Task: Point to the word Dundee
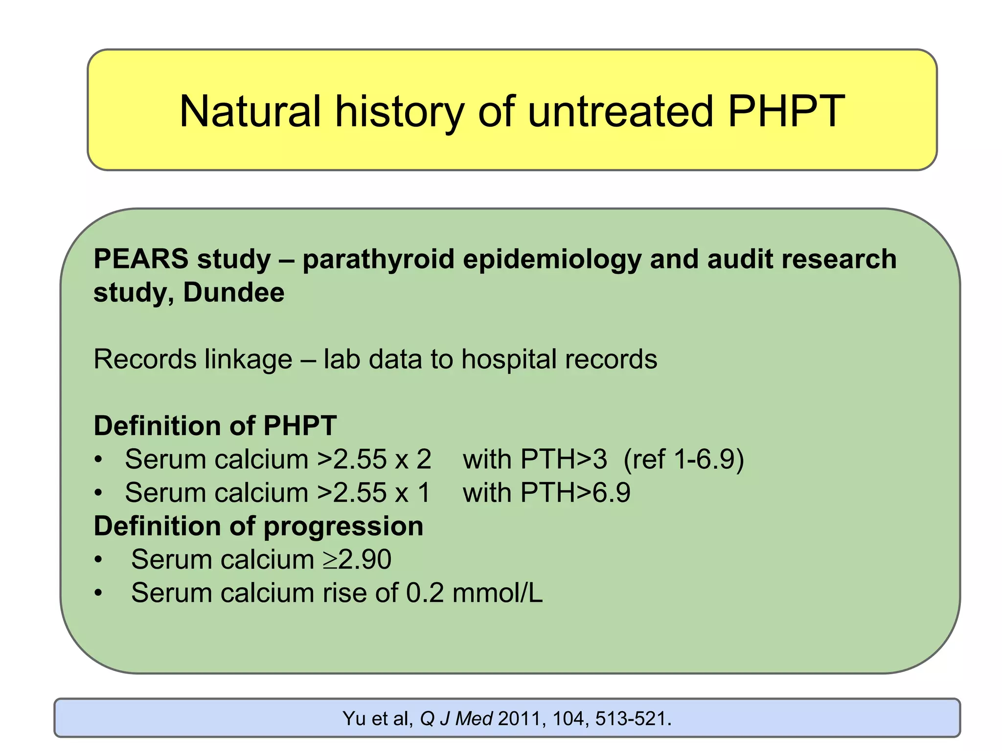(234, 292)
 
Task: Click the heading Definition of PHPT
(215, 425)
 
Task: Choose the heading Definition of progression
(258, 526)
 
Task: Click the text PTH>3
(564, 460)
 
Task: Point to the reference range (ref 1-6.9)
(683, 460)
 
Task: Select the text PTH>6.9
(575, 493)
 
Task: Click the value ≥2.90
(357, 560)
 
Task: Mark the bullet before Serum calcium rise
(99, 594)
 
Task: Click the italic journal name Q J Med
(456, 719)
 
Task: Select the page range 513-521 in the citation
(633, 719)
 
